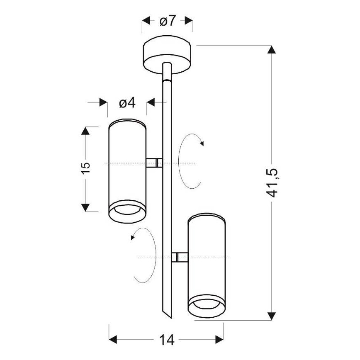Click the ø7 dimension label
[x=168, y=21]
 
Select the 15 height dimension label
[x=86, y=168]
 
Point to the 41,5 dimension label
[x=272, y=183]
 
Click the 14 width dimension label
[x=167, y=340]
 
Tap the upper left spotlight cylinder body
[x=127, y=171]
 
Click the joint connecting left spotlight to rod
[x=154, y=163]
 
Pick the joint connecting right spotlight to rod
[x=180, y=257]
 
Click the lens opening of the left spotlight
[x=127, y=209]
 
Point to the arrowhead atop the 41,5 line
[x=272, y=50]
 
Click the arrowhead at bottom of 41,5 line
[x=272, y=316]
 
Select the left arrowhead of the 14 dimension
[x=113, y=340]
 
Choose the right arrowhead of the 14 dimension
[x=219, y=340]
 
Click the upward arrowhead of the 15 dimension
[x=85, y=131]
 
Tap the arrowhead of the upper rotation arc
[x=202, y=144]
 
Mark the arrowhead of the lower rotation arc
[x=133, y=238]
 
